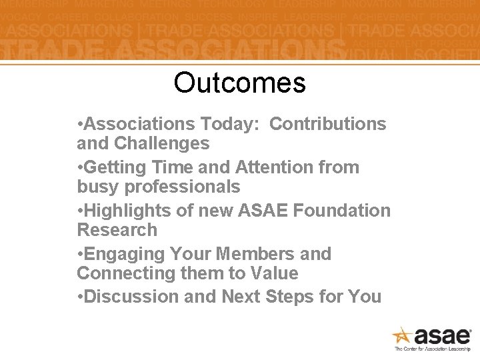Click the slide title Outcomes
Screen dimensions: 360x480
[x=239, y=83]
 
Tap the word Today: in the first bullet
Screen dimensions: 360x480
[x=229, y=124]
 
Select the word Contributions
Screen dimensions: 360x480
[x=328, y=124]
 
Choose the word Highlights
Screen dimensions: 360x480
[x=127, y=211]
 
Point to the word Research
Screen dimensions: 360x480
[x=117, y=230]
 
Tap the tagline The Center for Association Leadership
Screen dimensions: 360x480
[x=433, y=349]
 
